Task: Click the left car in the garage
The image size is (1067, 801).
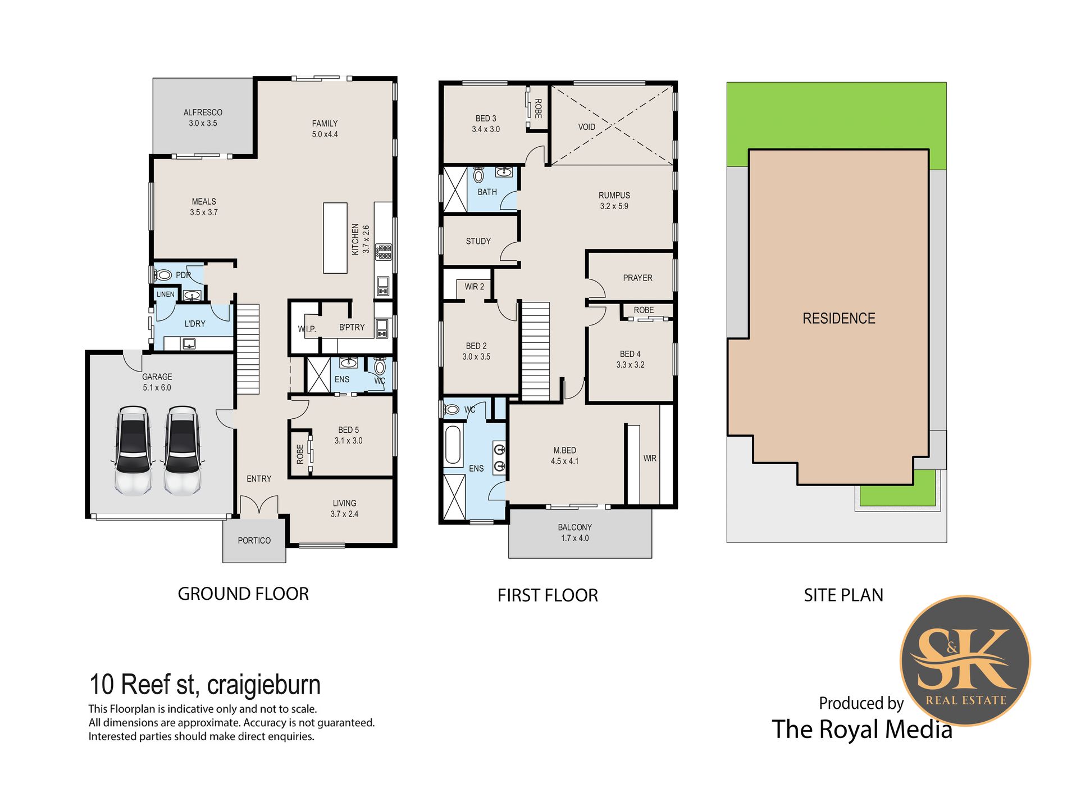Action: pyautogui.click(x=133, y=451)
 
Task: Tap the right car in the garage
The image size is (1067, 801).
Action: pyautogui.click(x=182, y=451)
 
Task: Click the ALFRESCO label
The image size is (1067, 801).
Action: pyautogui.click(x=203, y=112)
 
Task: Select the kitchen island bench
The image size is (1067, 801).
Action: pyautogui.click(x=335, y=238)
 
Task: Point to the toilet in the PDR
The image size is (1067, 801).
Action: pyautogui.click(x=163, y=275)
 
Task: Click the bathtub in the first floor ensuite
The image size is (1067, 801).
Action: pyautogui.click(x=453, y=446)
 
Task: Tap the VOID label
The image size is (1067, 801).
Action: pyautogui.click(x=587, y=127)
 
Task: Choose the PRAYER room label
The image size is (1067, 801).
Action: pyautogui.click(x=637, y=278)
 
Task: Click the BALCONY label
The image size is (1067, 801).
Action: pyautogui.click(x=574, y=527)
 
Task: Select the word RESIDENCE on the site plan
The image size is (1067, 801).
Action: pyautogui.click(x=839, y=318)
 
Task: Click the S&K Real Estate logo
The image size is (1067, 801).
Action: pyautogui.click(x=965, y=660)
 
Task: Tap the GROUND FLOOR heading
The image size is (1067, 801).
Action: pyautogui.click(x=243, y=594)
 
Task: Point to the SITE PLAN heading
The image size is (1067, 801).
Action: pyautogui.click(x=843, y=595)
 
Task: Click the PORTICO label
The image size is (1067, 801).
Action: pyautogui.click(x=254, y=540)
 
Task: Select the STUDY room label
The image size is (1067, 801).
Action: pyautogui.click(x=478, y=241)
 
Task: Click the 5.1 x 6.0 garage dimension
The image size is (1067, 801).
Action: pyautogui.click(x=157, y=387)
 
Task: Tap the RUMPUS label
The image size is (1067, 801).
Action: pyautogui.click(x=614, y=195)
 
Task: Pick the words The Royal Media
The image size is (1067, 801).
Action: pyautogui.click(x=862, y=729)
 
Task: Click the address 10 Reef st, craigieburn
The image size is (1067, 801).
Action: pyautogui.click(x=205, y=685)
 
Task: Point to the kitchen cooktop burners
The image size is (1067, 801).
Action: pyautogui.click(x=384, y=252)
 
